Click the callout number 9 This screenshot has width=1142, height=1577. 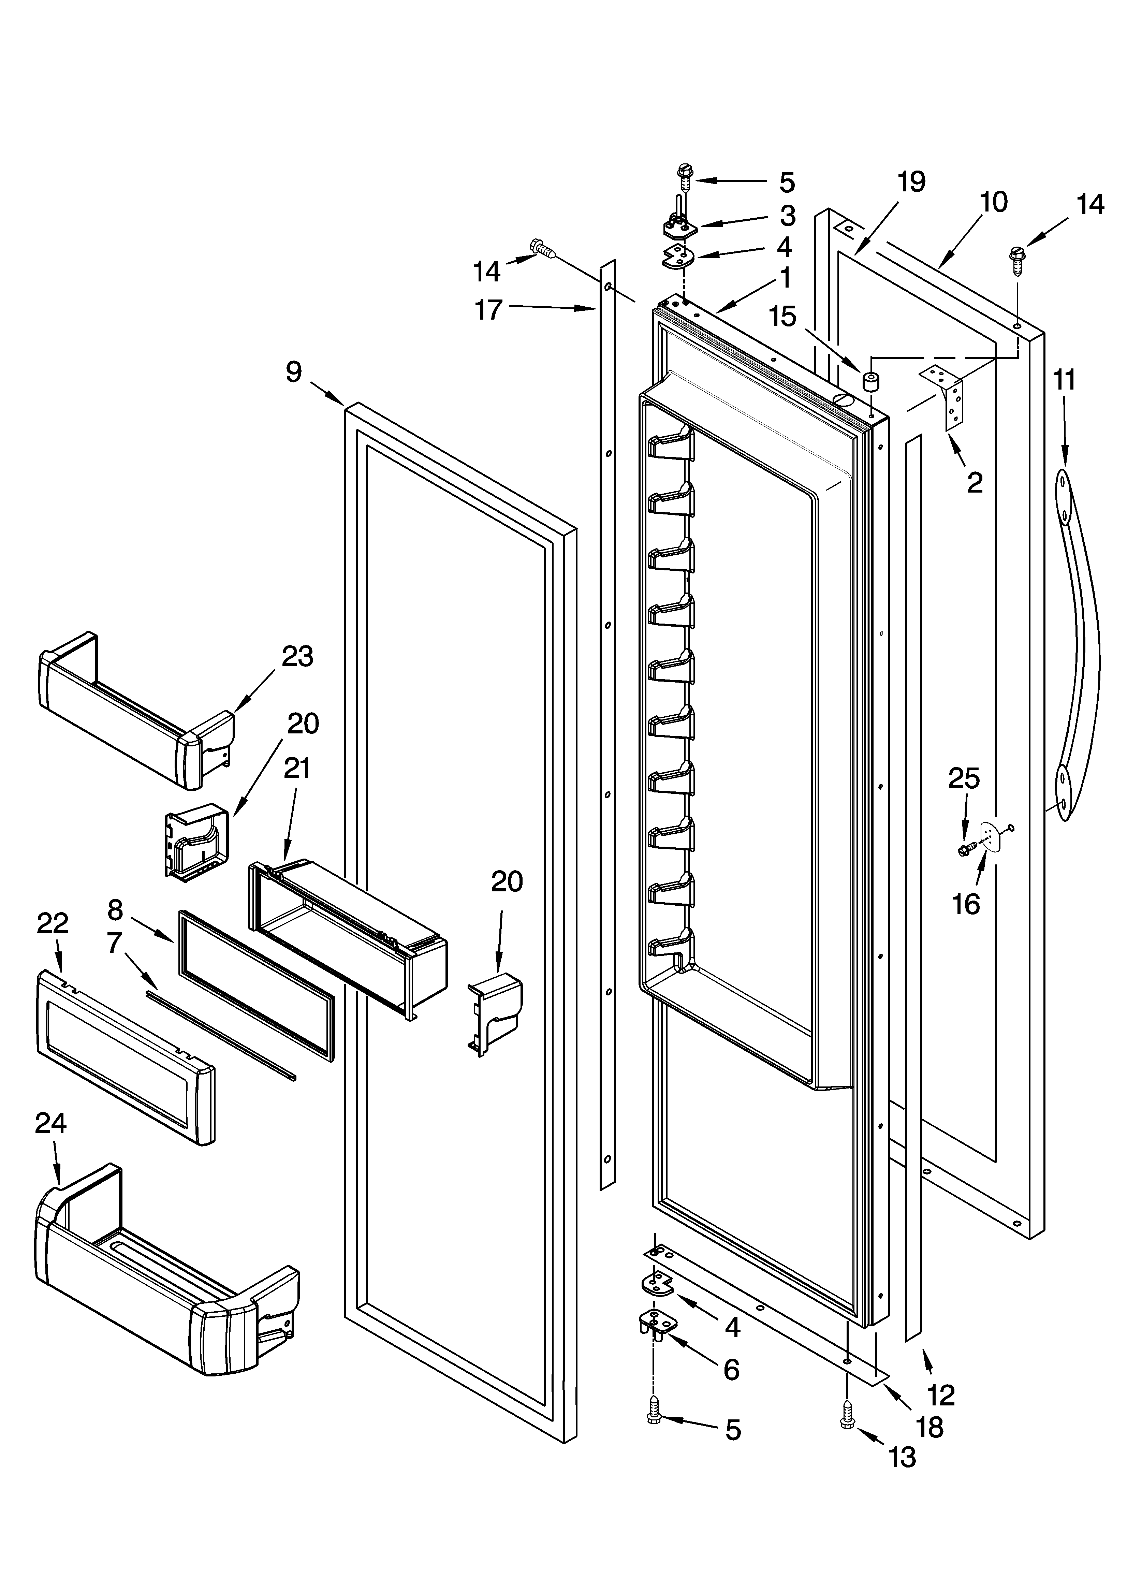click(294, 373)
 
